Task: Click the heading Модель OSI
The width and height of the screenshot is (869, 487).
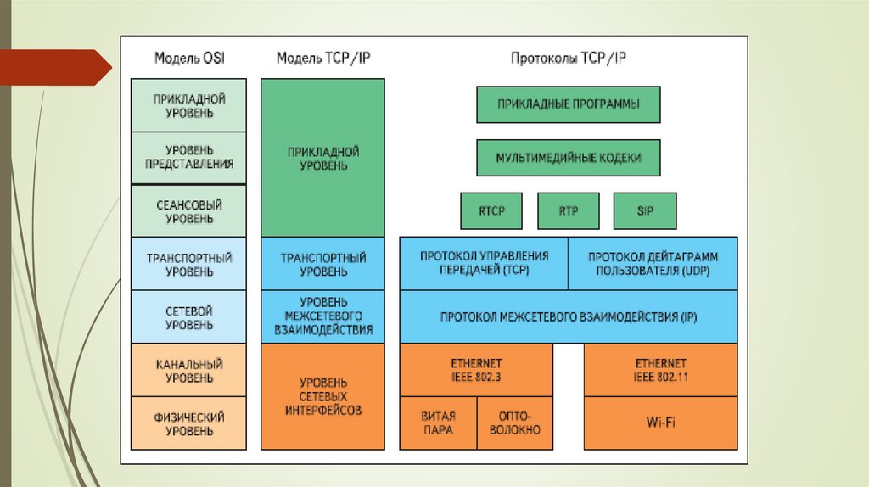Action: coord(189,59)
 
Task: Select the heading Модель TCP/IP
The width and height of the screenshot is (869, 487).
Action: coord(322,59)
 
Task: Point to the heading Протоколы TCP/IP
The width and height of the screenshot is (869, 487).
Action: coord(568,59)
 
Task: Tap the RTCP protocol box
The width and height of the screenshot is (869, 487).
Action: coord(491,210)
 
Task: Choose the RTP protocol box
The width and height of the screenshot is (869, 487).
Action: coord(569,210)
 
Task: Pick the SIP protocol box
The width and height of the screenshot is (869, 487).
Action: coord(644,210)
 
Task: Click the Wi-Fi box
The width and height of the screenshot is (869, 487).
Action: coord(661,422)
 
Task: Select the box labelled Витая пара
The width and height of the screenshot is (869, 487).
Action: coord(438,423)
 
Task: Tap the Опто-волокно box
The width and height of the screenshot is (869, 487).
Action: coord(515,423)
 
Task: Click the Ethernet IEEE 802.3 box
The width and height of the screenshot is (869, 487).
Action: coord(476,370)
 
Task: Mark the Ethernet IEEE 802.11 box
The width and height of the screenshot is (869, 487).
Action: coord(661,370)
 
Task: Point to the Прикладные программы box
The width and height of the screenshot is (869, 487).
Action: coord(568,104)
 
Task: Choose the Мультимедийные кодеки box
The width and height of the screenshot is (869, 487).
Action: coord(568,158)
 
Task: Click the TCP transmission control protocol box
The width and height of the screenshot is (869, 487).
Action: coord(483,263)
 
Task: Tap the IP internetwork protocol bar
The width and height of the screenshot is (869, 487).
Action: coord(568,316)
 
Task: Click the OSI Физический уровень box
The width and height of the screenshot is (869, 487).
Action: coord(189,423)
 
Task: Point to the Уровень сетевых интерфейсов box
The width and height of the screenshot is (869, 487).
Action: coord(322,396)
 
